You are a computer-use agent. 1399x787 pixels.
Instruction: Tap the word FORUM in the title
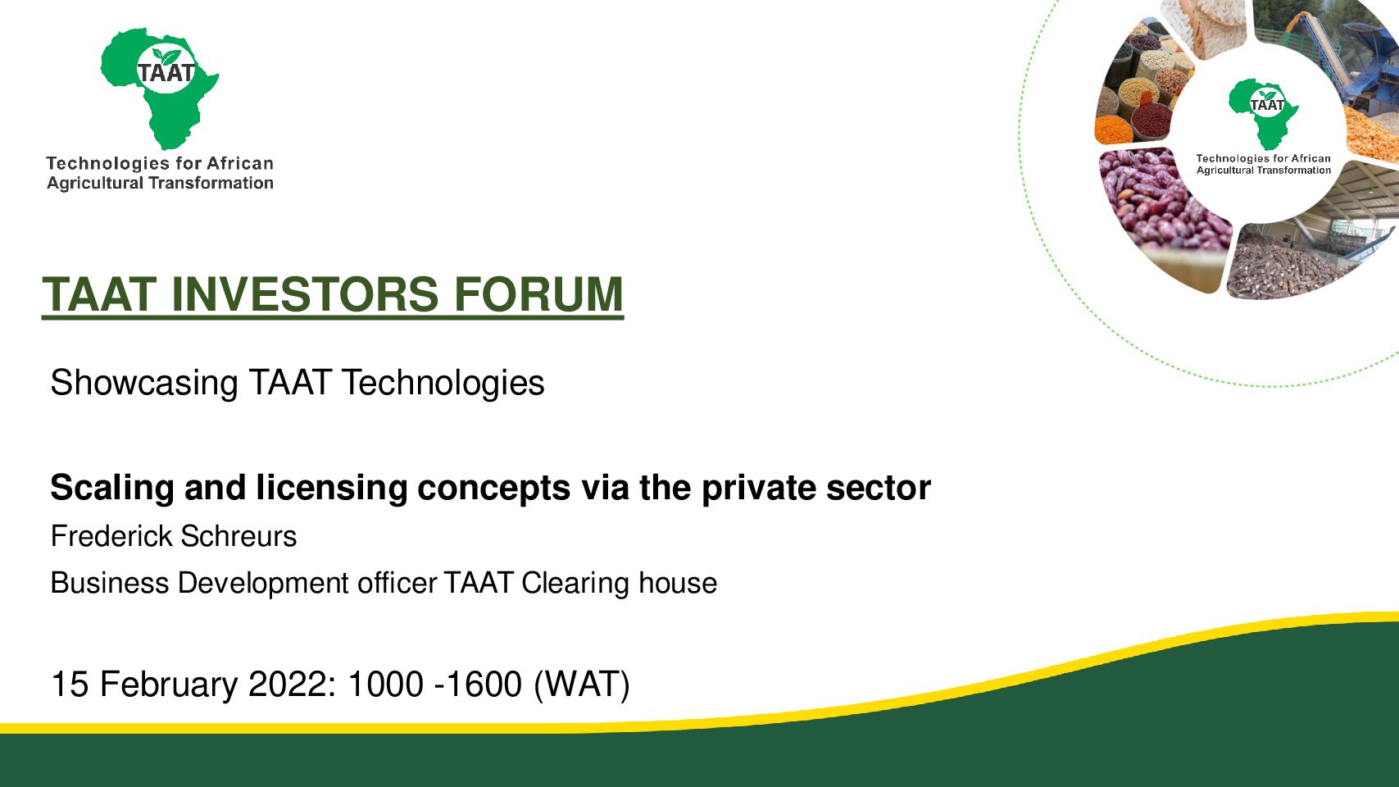click(538, 294)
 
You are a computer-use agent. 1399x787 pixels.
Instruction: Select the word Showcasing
click(143, 383)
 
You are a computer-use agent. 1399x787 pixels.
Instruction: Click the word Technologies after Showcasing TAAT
click(443, 383)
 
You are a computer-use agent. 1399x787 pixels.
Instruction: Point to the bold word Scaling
click(111, 488)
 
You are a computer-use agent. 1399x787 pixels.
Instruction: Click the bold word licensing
click(332, 488)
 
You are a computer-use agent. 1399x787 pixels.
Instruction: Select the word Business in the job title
click(109, 583)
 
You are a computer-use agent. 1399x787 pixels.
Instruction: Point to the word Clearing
click(575, 584)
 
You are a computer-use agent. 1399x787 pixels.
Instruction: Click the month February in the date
click(169, 684)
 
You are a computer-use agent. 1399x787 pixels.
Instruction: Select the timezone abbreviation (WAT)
click(581, 685)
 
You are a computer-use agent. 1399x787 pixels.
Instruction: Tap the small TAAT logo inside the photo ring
click(1264, 113)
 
